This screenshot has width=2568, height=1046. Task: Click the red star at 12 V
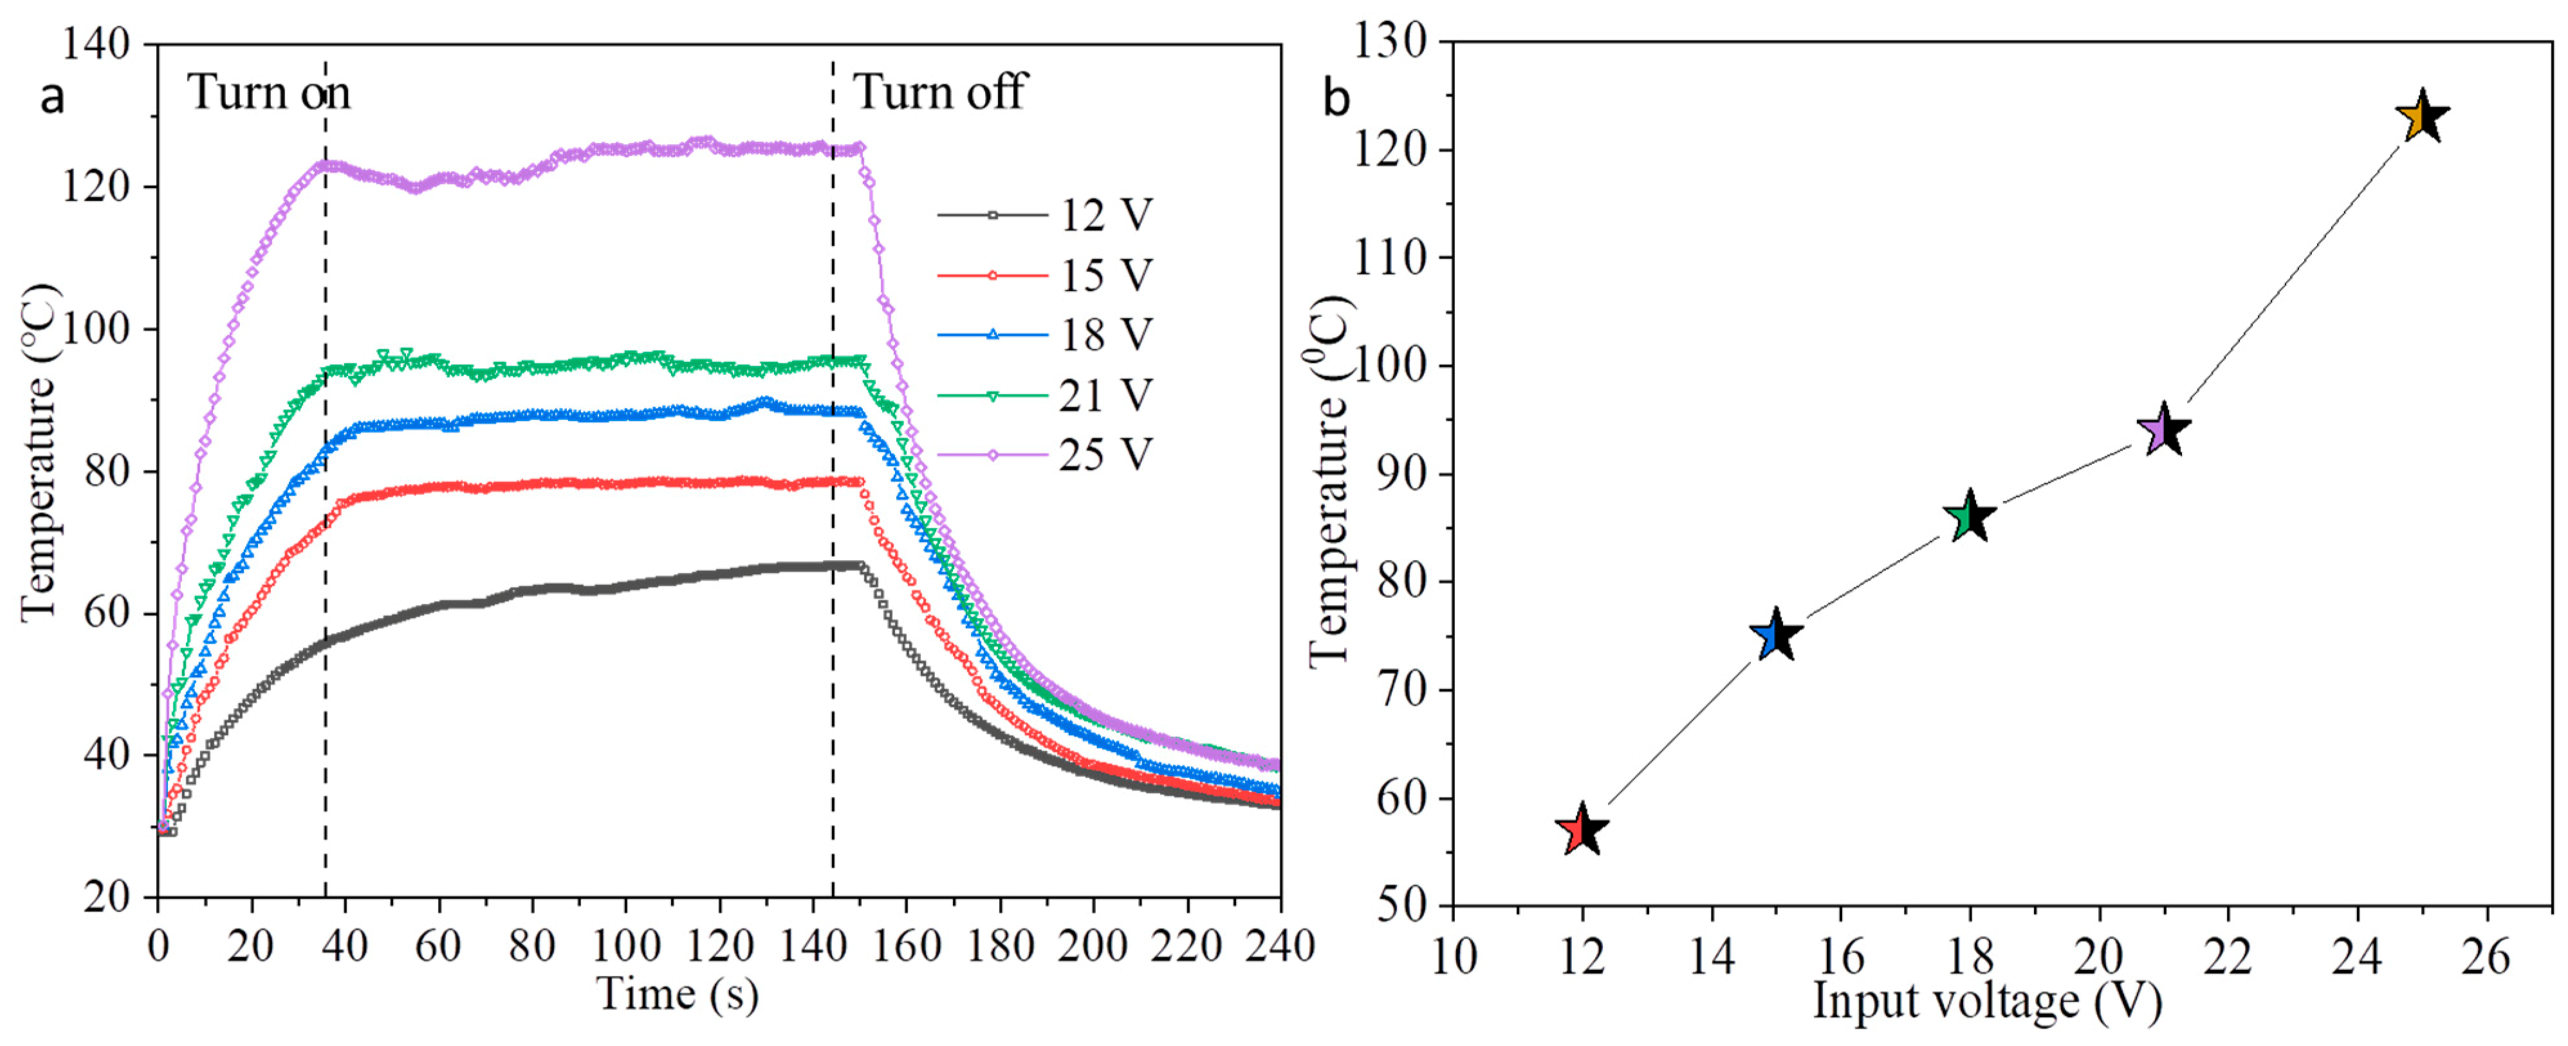pyautogui.click(x=1581, y=830)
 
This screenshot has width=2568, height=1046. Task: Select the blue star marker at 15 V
pyautogui.click(x=1775, y=636)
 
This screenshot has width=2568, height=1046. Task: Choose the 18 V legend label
pyautogui.click(x=1105, y=335)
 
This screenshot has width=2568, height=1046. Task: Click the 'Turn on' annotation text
pyautogui.click(x=269, y=93)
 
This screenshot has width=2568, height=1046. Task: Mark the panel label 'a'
pyautogui.click(x=52, y=98)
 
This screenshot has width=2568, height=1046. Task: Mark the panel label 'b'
pyautogui.click(x=1336, y=98)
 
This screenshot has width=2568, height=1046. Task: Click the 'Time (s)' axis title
pyautogui.click(x=678, y=994)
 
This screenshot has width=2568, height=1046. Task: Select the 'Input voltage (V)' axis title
pyautogui.click(x=1987, y=1001)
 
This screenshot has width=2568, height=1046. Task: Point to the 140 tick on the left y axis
pyautogui.click(x=96, y=45)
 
